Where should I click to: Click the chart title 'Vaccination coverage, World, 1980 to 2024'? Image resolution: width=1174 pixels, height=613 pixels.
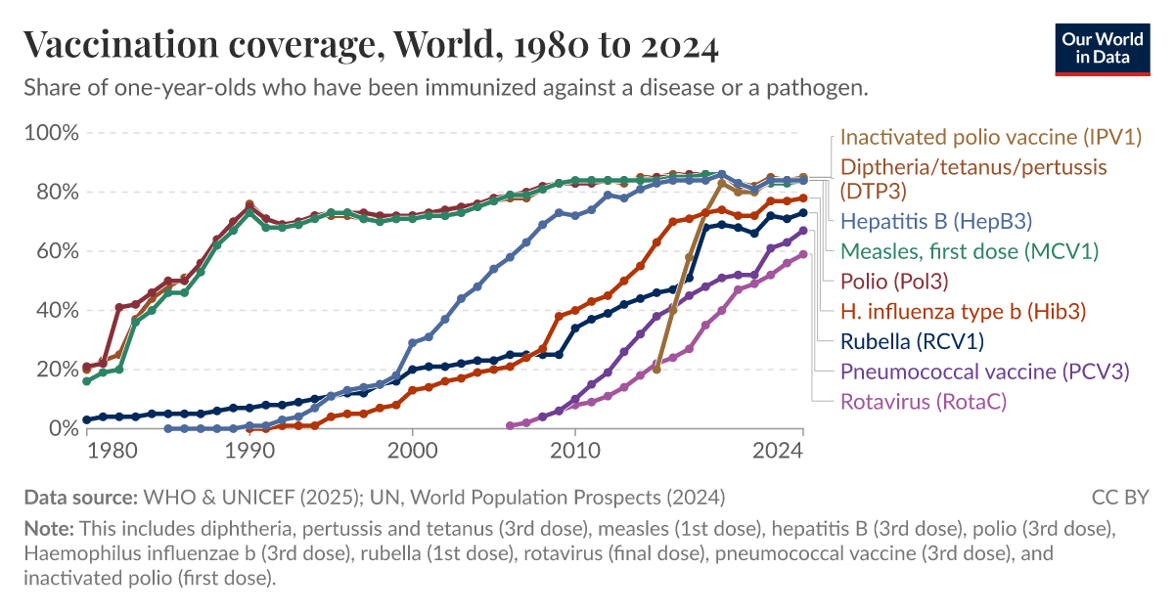click(x=372, y=45)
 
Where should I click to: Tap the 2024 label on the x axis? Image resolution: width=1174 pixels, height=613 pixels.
click(x=779, y=451)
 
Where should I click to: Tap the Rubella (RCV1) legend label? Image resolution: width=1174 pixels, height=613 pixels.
click(x=912, y=341)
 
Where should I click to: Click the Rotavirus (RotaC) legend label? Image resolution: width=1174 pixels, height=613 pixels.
click(x=924, y=401)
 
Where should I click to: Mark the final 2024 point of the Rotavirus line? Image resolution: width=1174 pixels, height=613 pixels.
click(x=803, y=254)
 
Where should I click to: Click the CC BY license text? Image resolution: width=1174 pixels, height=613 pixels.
click(x=1120, y=497)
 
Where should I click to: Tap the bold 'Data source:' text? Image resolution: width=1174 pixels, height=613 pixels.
click(x=81, y=497)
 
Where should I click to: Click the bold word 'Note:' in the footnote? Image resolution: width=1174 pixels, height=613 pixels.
click(x=49, y=529)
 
